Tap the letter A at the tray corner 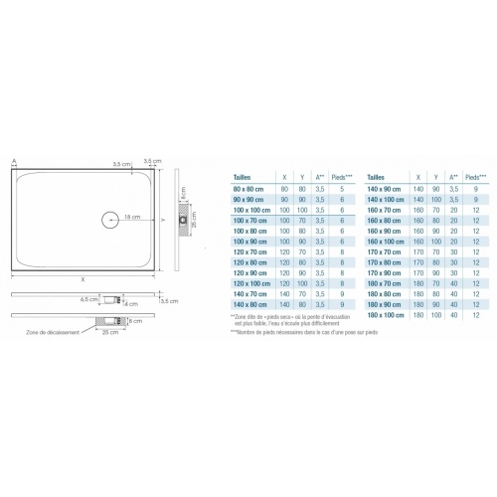pos(14,161)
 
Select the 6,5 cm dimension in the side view pos(86,298)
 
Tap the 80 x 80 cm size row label pos(249,188)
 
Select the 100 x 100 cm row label pos(251,211)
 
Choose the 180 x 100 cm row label pos(386,315)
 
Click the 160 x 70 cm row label pos(385,211)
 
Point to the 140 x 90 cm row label pos(385,188)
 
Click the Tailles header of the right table pos(378,174)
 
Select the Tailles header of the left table pos(243,174)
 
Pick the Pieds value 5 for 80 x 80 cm pos(340,188)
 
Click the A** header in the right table pos(454,174)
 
